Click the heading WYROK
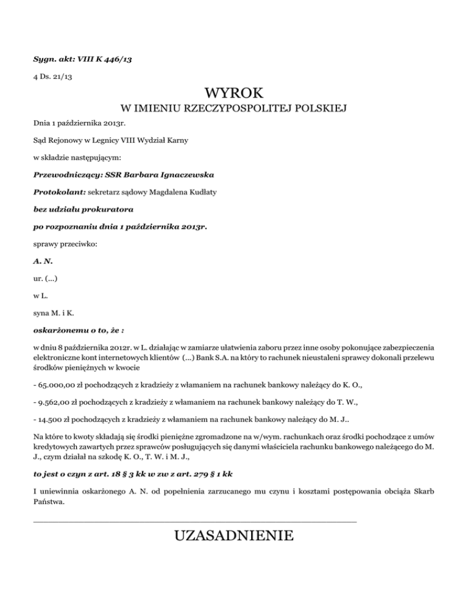234,94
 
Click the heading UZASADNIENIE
234,536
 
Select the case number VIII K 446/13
106,60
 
